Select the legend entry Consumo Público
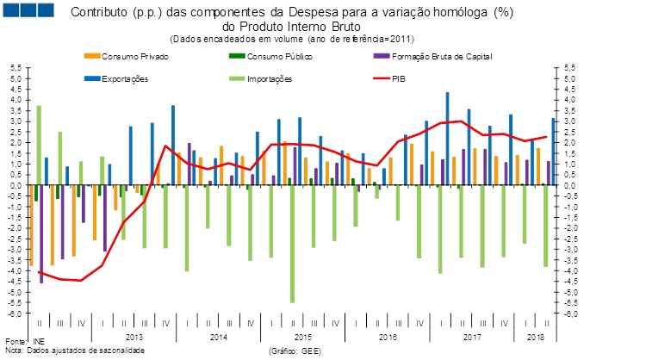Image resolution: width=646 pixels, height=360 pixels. (279, 57)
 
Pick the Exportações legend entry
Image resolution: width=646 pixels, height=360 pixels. (125, 79)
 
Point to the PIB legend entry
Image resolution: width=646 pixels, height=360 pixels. (399, 79)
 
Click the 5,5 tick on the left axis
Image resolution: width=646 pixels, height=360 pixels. (16, 67)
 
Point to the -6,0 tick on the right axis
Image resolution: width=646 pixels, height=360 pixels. (571, 313)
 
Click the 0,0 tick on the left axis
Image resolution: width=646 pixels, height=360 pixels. (16, 185)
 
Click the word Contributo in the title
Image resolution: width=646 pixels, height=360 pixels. (96, 13)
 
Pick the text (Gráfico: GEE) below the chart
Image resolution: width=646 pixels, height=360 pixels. (296, 351)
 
